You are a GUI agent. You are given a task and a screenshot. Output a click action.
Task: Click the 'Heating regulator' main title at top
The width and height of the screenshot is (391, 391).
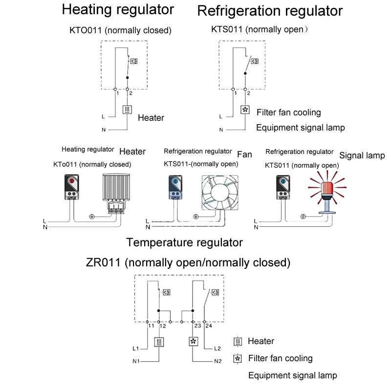(118, 10)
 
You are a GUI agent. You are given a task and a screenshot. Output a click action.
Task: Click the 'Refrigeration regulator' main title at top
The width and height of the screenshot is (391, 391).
(269, 11)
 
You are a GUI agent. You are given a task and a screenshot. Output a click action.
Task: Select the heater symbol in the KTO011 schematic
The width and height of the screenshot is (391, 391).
(127, 110)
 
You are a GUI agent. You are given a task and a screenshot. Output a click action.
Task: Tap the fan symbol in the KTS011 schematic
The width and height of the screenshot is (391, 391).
(245, 110)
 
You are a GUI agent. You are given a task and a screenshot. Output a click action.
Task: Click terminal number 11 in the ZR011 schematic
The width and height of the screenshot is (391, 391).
(151, 326)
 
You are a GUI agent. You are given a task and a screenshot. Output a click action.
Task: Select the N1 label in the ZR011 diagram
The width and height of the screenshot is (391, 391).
(136, 361)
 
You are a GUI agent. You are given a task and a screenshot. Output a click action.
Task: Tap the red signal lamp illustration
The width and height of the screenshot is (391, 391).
(323, 188)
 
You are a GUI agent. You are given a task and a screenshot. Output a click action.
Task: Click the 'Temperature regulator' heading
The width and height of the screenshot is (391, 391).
(184, 242)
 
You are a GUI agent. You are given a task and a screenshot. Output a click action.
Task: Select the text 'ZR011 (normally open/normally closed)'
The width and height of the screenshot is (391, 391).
(188, 262)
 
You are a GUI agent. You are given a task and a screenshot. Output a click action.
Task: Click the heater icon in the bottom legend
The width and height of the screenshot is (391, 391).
(239, 341)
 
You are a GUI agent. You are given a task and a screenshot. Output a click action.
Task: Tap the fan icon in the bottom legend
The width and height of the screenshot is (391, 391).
(239, 359)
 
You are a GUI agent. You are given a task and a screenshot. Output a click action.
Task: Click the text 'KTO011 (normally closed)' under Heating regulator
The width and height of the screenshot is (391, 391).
(120, 30)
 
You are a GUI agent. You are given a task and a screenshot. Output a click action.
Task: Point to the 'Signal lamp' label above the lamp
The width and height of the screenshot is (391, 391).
(362, 155)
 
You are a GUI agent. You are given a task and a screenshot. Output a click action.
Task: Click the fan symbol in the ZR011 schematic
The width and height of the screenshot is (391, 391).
(193, 342)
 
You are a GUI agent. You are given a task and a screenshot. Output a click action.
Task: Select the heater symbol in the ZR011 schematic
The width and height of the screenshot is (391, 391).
(159, 342)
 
